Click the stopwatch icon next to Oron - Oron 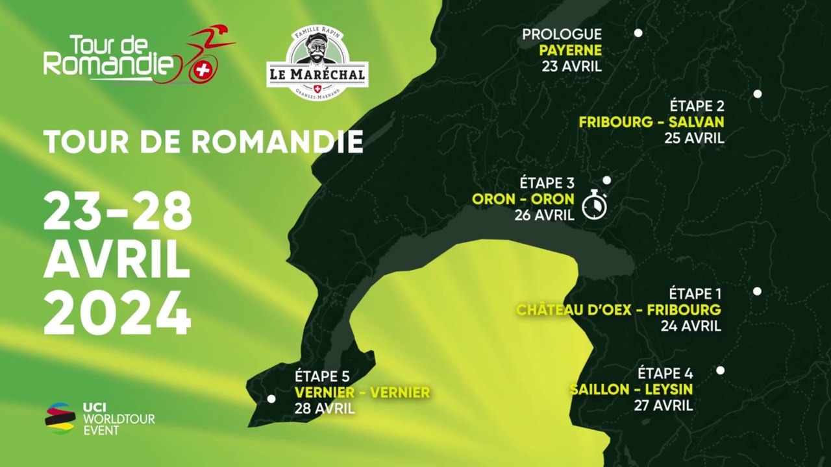[593, 204]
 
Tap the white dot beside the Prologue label [638, 33]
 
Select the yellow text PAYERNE [571, 51]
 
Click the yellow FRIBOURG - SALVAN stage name [652, 122]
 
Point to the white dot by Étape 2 [757, 94]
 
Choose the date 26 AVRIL [545, 215]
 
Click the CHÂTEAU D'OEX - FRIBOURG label [619, 310]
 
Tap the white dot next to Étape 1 [757, 291]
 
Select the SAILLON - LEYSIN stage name [631, 389]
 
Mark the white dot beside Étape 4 [720, 370]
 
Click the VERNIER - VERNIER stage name [362, 392]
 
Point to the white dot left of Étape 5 [271, 399]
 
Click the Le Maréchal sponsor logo [317, 63]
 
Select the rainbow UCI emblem [60, 418]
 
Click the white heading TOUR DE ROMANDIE [203, 142]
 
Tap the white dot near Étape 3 [606, 180]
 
